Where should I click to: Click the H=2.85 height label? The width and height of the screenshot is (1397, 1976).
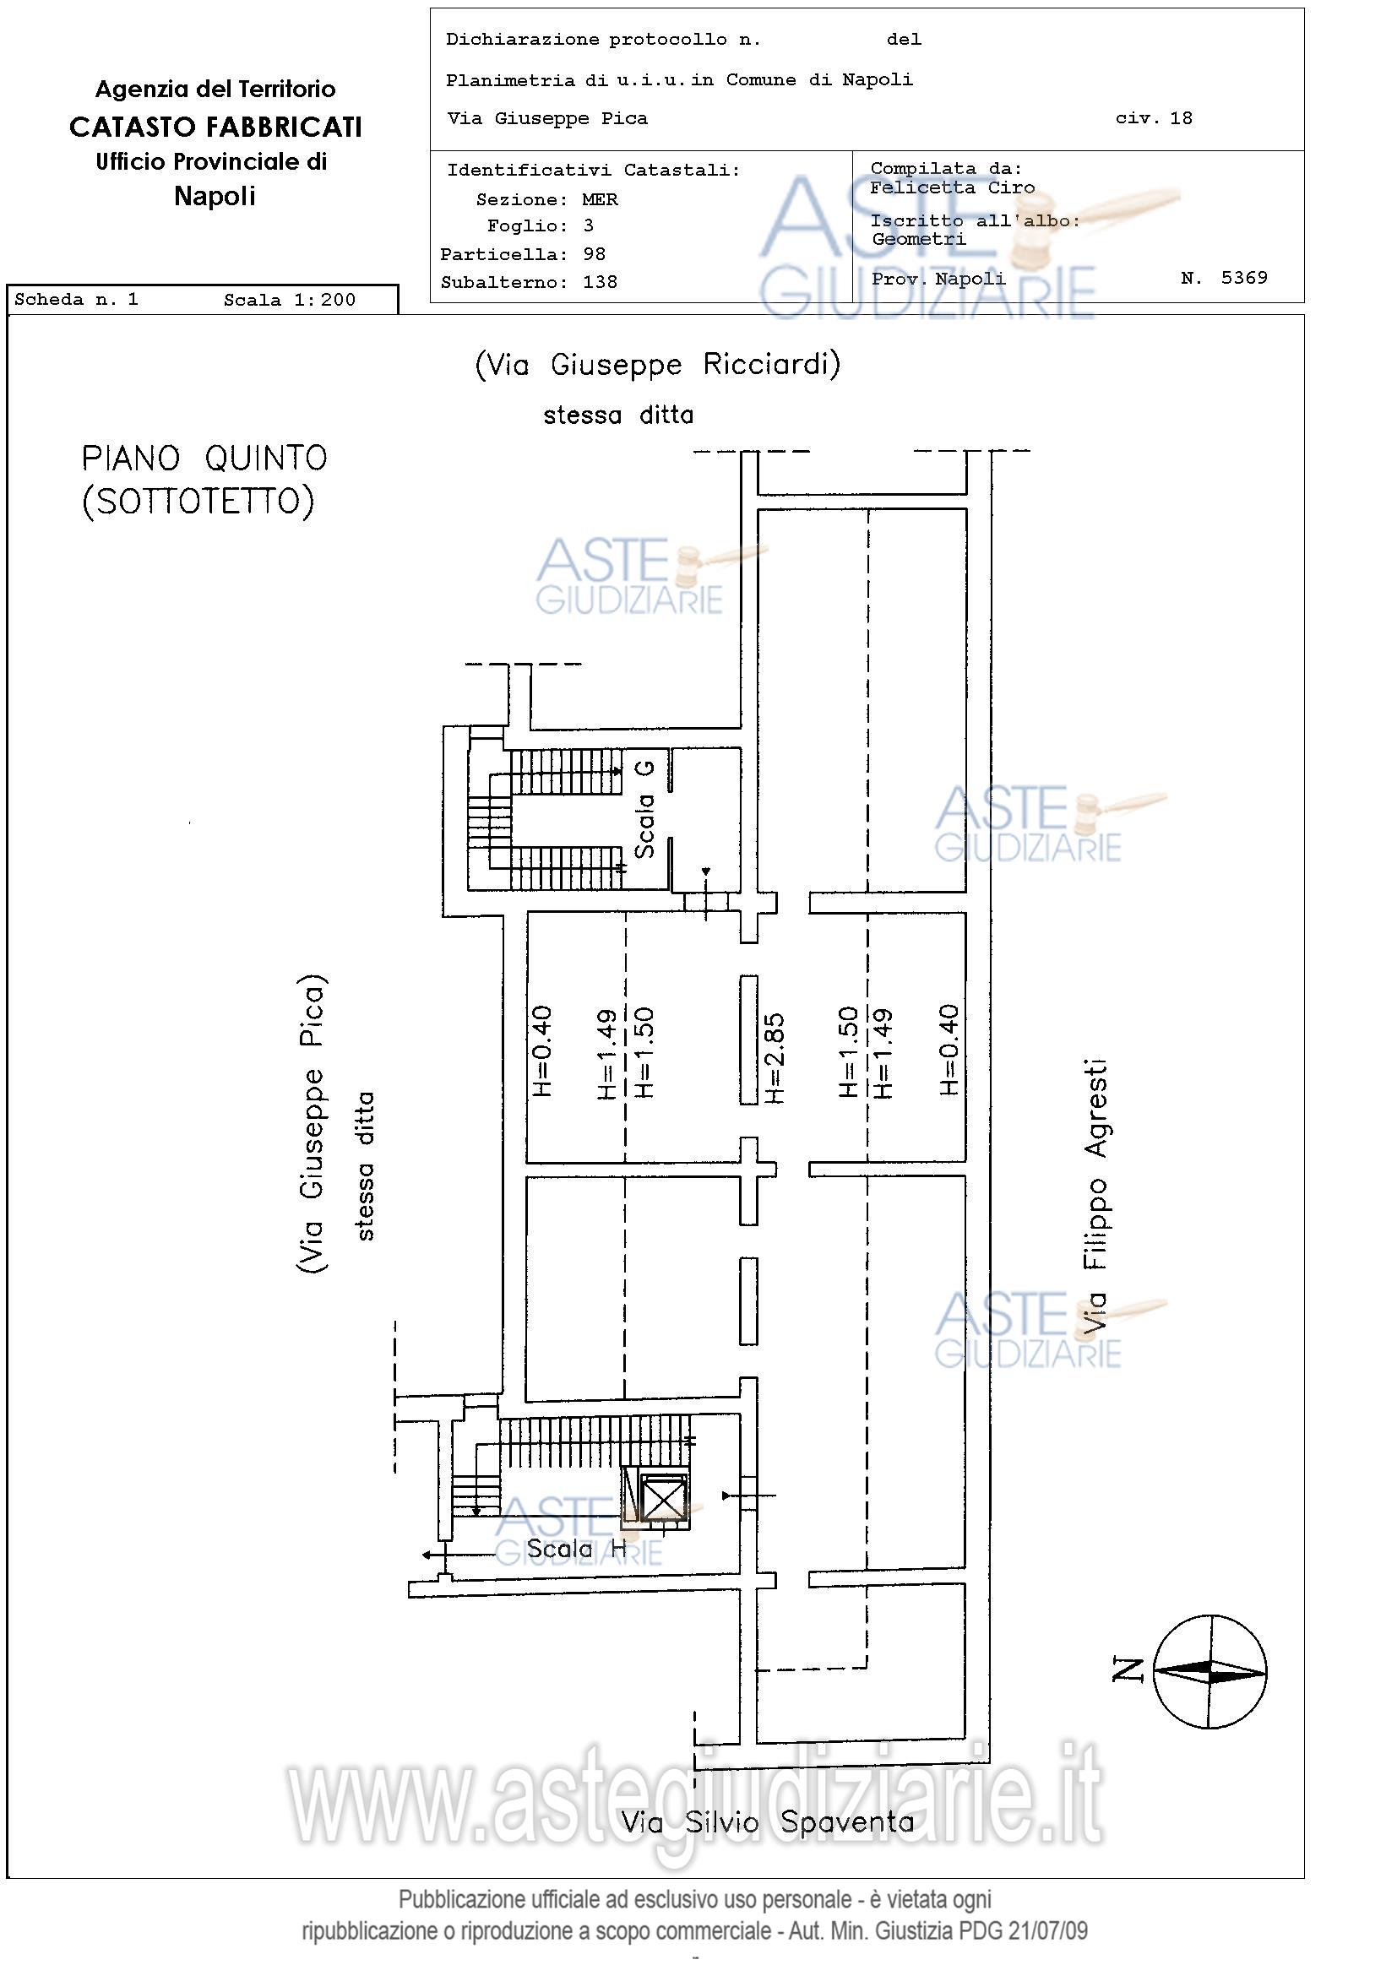point(774,1058)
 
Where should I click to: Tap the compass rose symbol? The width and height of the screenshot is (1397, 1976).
point(1210,1671)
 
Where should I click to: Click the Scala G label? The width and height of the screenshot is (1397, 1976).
point(644,810)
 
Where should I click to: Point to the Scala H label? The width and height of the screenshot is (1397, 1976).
point(576,1549)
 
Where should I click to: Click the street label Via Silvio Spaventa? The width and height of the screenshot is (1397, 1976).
point(768,1822)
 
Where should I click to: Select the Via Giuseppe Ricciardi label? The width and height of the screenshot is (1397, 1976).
point(658,365)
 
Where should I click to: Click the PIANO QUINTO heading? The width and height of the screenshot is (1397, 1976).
point(205,458)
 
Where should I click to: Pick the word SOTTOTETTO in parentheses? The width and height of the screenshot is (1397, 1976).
point(198,501)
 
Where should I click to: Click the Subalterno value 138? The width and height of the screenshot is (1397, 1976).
point(600,282)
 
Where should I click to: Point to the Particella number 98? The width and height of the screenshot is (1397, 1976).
point(594,254)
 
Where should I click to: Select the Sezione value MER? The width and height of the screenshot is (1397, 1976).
point(600,199)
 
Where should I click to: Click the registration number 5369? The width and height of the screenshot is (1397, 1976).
point(1244,277)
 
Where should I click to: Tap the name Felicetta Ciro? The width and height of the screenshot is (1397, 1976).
point(953,187)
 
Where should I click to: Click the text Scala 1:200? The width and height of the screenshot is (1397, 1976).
point(289,300)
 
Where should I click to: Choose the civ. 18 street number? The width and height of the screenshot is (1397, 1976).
point(1155,118)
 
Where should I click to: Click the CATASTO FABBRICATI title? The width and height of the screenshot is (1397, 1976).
point(215,127)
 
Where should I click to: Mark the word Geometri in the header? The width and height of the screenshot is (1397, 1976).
point(918,238)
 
